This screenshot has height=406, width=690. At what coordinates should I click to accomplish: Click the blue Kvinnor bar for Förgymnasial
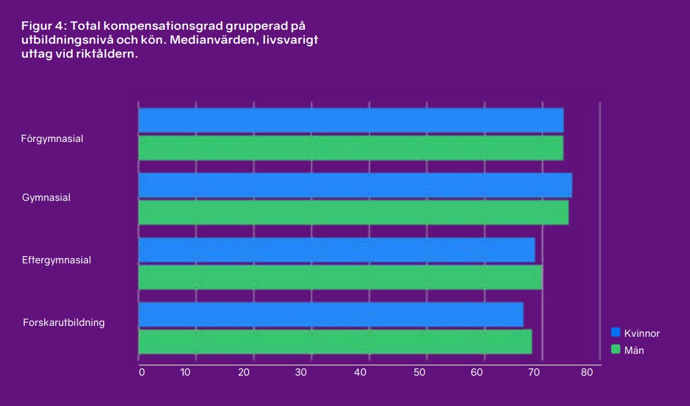350,120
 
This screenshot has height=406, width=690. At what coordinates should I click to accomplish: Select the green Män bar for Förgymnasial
350,148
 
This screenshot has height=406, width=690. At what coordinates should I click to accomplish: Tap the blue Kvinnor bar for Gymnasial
355,185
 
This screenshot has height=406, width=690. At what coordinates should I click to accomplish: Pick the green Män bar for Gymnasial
353,212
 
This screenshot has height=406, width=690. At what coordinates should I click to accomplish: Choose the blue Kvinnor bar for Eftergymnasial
337,249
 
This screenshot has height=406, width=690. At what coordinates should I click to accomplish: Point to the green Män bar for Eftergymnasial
340,277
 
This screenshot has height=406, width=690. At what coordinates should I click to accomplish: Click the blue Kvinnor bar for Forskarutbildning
330,314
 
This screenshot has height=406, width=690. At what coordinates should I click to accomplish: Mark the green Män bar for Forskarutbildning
335,342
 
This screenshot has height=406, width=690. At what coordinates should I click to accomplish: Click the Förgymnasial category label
52,139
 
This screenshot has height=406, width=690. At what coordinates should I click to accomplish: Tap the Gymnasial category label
47,198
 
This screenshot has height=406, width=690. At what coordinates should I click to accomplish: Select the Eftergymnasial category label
56,260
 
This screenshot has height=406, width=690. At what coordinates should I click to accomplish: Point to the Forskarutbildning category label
64,322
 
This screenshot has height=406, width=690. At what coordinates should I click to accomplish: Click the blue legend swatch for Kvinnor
615,333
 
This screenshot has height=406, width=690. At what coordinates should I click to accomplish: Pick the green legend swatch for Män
615,350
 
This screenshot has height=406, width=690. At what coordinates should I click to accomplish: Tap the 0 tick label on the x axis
142,372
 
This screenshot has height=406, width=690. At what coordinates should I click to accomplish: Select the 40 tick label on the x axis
361,372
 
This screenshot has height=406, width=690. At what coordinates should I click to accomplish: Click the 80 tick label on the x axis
586,372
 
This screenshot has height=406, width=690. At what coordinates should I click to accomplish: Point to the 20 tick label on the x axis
244,372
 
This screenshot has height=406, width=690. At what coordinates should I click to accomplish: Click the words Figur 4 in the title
44,26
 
